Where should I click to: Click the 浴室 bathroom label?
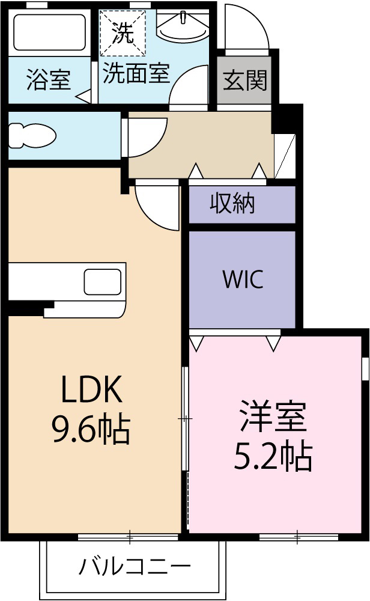click(x=48, y=79)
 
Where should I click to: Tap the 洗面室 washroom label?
click(x=136, y=74)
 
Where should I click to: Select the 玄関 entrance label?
click(x=244, y=79)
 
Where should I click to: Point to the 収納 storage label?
click(x=232, y=204)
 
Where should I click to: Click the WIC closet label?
click(x=242, y=279)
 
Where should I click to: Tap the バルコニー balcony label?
click(x=135, y=566)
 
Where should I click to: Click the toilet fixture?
click(x=33, y=135)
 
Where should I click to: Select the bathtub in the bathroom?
click(x=49, y=33)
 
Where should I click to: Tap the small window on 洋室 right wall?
click(x=364, y=368)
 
